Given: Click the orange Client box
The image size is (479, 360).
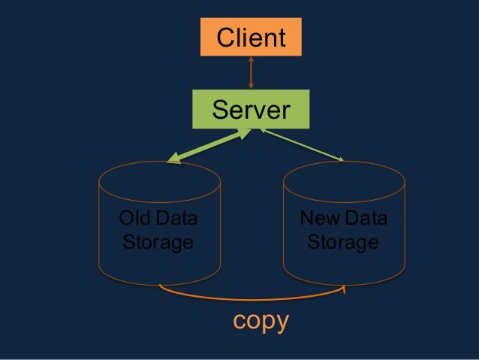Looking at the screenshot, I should (x=250, y=37).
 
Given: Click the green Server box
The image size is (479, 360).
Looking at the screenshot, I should (x=250, y=110).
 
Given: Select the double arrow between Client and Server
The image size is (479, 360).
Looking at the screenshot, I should (x=251, y=73).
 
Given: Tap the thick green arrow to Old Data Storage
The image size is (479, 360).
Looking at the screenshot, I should (x=209, y=144).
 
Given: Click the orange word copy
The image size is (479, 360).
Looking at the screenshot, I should (x=260, y=321).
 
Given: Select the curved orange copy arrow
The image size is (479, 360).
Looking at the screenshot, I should (x=252, y=298).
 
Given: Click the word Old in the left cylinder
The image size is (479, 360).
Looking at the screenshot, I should (x=134, y=219).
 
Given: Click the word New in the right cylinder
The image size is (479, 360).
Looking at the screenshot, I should (x=315, y=219).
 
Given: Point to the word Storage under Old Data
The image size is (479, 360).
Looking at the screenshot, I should (x=156, y=243).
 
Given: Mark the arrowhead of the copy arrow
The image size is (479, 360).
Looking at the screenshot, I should (x=345, y=288).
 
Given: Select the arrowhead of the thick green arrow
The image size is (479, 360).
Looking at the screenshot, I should (x=173, y=159).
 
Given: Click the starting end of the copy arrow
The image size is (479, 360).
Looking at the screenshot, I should (x=161, y=286).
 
